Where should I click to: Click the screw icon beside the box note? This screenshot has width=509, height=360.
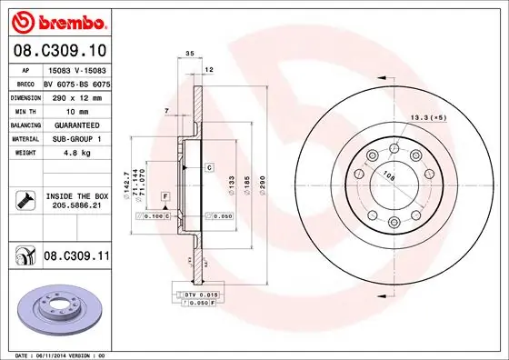tap(23, 201)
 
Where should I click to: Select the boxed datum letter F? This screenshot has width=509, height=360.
tap(165, 196)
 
